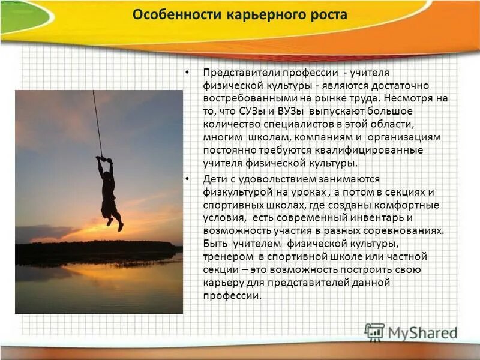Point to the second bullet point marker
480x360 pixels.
(188, 179)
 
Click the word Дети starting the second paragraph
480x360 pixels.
(214, 179)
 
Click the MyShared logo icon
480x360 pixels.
(374, 332)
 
